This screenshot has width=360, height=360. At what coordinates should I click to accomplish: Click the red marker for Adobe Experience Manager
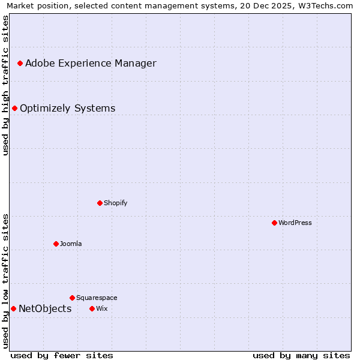pos(20,63)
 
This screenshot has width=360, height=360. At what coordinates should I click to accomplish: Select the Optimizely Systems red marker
pos(14,108)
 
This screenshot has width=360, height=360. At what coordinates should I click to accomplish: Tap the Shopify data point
pos(100,203)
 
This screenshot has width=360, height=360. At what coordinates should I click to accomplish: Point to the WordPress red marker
pos(274,223)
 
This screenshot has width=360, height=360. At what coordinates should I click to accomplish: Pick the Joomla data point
pos(56,244)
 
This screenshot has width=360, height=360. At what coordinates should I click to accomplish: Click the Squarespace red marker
pos(72,298)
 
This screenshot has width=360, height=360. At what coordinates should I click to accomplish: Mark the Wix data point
pos(92,308)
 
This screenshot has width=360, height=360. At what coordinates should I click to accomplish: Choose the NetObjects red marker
pos(13,308)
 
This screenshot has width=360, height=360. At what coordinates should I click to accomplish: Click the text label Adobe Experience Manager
pos(91,64)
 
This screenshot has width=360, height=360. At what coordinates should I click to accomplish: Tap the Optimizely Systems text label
pos(67,109)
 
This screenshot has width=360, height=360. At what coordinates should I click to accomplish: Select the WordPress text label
pos(295,223)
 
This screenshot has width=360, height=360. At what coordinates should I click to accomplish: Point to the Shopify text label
pos(116,203)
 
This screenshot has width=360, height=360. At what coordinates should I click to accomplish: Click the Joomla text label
pos(71,244)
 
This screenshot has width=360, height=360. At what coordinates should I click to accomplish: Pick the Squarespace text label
pos(97,298)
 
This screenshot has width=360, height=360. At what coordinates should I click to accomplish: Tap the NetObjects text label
pos(45,309)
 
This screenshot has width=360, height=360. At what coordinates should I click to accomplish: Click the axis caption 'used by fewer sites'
pos(62,355)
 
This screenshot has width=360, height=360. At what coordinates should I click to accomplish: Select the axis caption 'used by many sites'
pos(301,355)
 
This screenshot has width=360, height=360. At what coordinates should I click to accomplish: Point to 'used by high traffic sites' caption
pos(6,85)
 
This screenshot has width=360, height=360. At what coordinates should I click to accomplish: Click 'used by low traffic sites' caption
pos(6,281)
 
